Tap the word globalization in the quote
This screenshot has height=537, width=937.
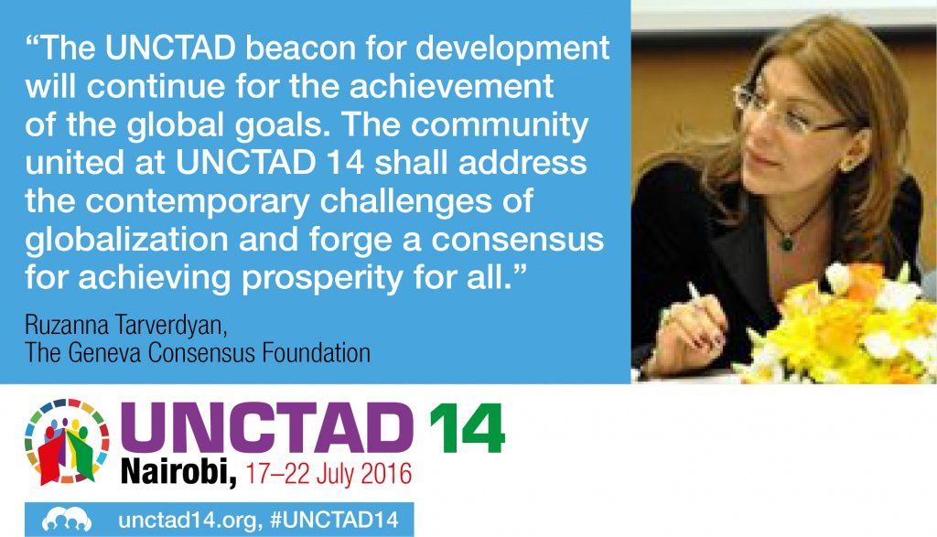126,239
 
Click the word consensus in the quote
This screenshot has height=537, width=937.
518,240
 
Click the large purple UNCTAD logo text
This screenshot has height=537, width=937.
266,428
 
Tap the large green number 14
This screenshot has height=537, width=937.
467,428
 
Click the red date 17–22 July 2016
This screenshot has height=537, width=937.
328,473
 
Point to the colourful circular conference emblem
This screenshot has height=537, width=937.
67,441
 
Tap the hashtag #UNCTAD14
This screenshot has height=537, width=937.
334,519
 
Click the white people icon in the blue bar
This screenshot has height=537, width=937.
67,520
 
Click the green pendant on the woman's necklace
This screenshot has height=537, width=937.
787,242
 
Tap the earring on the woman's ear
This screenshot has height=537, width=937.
848,162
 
